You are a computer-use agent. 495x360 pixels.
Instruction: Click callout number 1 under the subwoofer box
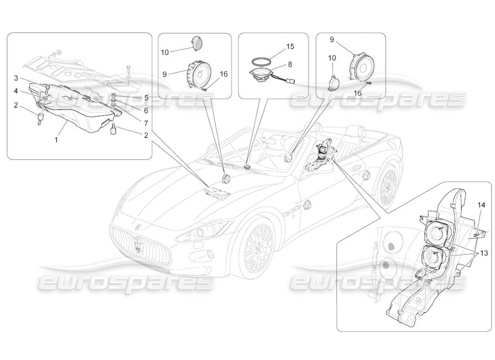point(56,139)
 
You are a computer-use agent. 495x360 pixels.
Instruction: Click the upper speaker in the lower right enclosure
point(436,234)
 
